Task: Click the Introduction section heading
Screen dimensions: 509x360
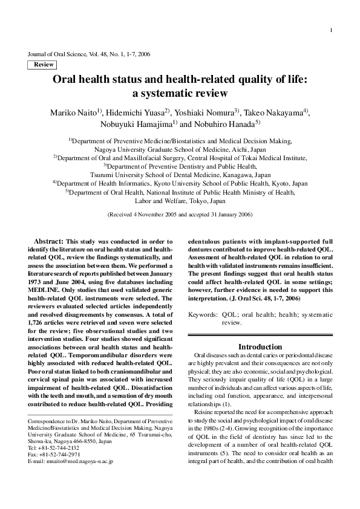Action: (x=260, y=346)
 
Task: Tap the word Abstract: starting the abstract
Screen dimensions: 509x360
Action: (x=48, y=241)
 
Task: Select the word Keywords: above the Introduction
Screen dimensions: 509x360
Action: (x=203, y=315)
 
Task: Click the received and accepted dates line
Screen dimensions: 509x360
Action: (x=180, y=215)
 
